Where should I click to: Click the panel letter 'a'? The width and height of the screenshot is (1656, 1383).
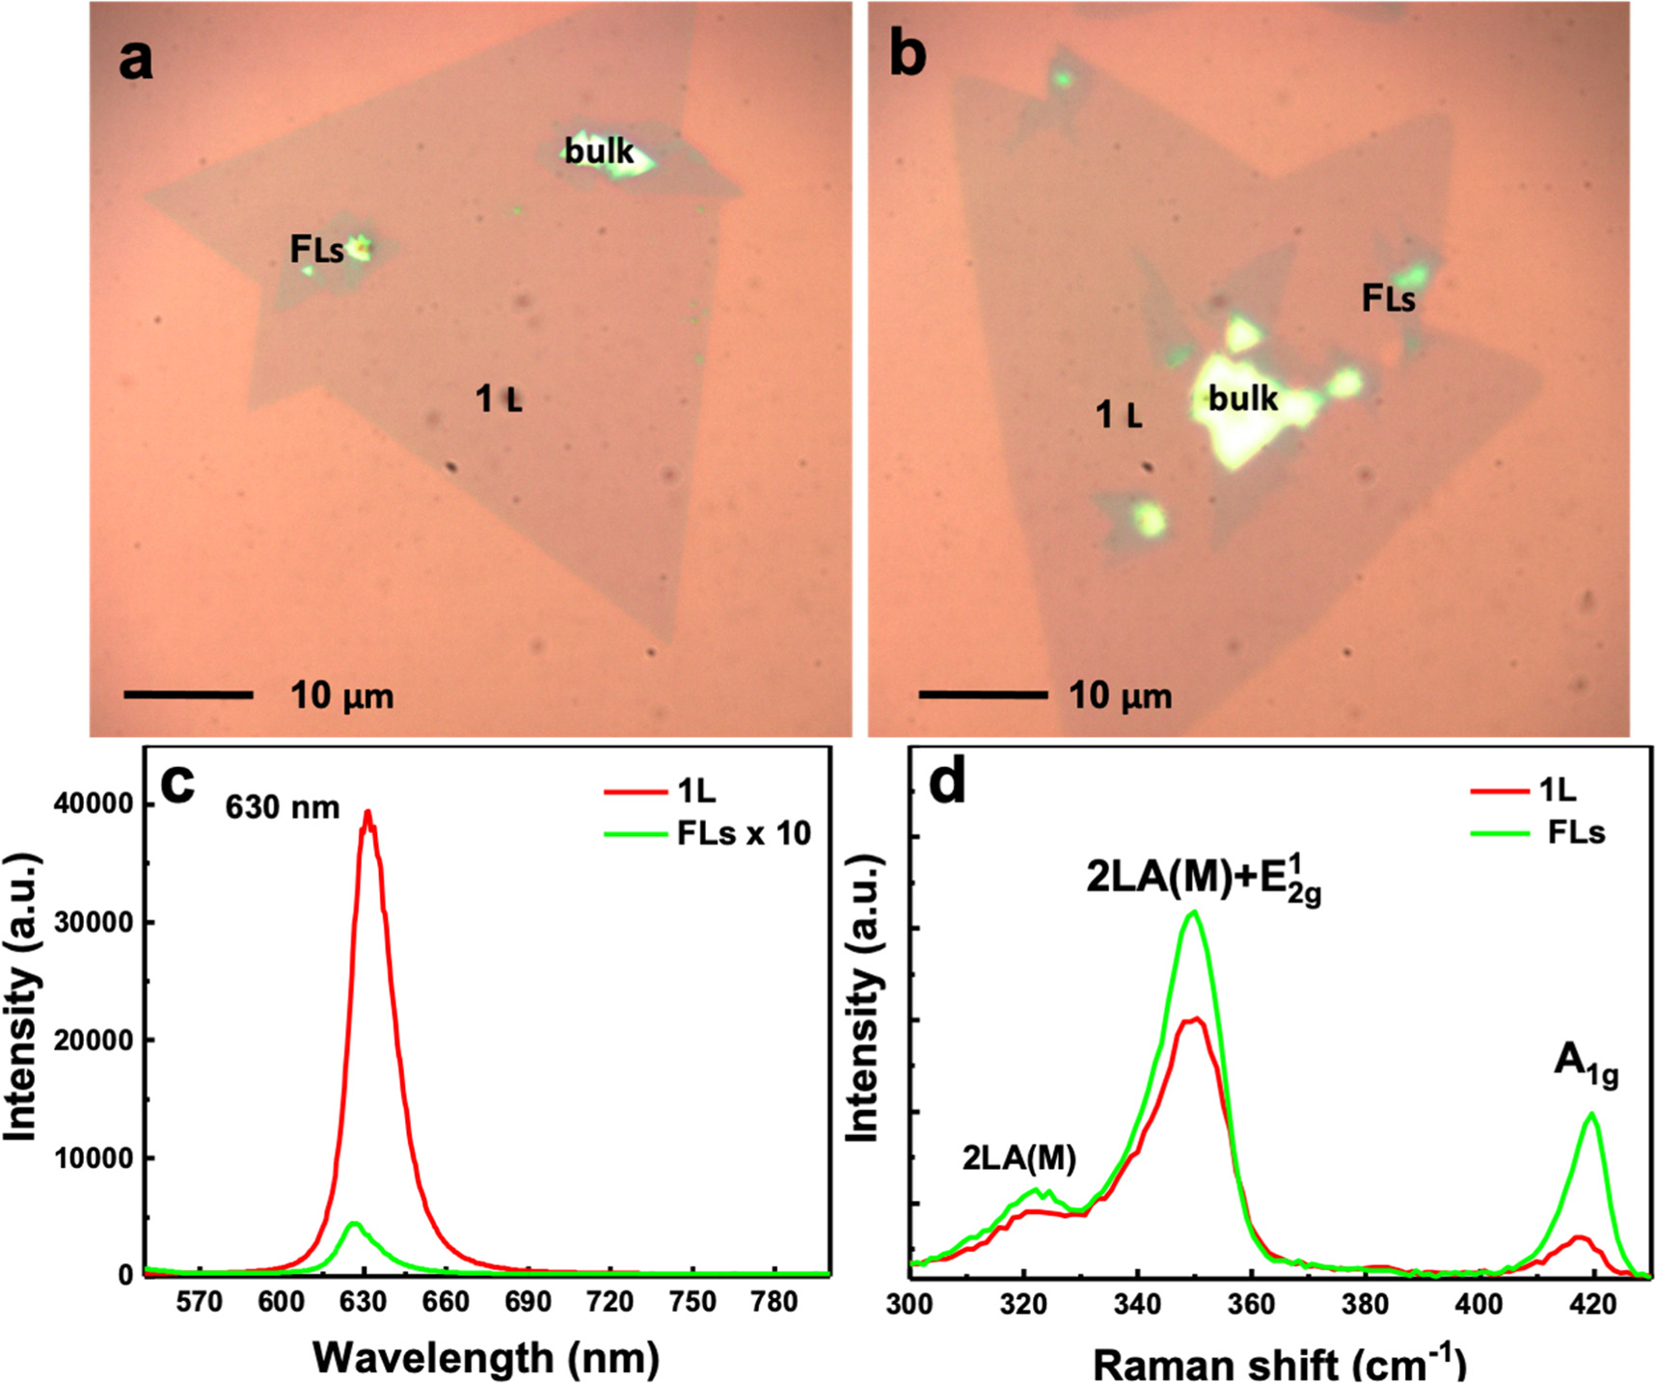tap(135, 60)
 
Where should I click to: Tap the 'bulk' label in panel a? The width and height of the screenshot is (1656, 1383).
tap(599, 151)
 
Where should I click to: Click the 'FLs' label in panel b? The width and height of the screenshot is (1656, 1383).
tap(1388, 299)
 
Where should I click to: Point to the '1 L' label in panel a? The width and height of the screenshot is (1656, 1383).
tap(499, 398)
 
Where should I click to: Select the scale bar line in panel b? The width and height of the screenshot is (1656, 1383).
tap(983, 694)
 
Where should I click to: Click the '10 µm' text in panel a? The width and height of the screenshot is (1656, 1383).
tap(341, 695)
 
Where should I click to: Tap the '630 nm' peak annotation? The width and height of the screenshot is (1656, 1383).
tap(282, 806)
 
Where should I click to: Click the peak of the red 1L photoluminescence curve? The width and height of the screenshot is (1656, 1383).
tap(366, 812)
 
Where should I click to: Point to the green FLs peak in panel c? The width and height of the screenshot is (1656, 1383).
tap(354, 1223)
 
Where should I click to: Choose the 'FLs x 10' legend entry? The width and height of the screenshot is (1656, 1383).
tap(744, 833)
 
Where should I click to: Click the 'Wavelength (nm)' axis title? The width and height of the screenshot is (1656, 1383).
tap(486, 1357)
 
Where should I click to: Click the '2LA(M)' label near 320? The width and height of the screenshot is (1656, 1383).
tap(1018, 1157)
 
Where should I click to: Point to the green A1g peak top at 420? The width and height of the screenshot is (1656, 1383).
tap(1591, 1113)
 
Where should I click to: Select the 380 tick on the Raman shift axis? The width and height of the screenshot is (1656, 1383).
tap(1365, 1306)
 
